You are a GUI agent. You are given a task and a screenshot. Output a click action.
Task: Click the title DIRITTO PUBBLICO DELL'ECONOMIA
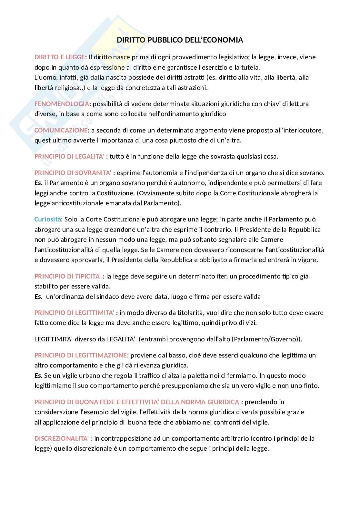pos(180,40)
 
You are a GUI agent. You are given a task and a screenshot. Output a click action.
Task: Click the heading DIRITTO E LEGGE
pos(60,57)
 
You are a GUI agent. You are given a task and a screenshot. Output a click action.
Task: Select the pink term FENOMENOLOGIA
pos(62,104)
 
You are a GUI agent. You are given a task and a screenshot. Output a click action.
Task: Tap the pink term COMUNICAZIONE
pos(61,130)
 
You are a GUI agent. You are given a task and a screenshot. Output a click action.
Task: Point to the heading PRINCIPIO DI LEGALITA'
pos(69,157)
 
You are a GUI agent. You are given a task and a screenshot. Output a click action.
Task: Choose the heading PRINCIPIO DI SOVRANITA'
pos(73,173)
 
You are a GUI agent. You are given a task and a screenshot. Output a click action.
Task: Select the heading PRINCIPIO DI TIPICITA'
pos(68,276)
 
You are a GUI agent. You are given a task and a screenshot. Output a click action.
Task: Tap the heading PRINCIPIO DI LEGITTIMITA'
pos(75,313)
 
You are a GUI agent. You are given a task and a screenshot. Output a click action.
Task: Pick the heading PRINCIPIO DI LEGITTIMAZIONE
pos(80,355)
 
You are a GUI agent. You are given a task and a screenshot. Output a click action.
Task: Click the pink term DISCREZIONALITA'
pos(62,438)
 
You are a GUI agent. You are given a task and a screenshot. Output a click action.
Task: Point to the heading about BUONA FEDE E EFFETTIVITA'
pos(137,402)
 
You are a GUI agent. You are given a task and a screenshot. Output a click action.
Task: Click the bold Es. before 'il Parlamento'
pos(38,183)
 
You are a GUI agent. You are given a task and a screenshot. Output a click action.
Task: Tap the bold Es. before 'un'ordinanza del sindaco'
pos(38,297)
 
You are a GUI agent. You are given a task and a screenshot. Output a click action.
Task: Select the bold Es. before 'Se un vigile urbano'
pos(38,376)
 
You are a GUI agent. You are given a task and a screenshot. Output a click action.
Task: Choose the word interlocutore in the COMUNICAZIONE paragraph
pos(302,130)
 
